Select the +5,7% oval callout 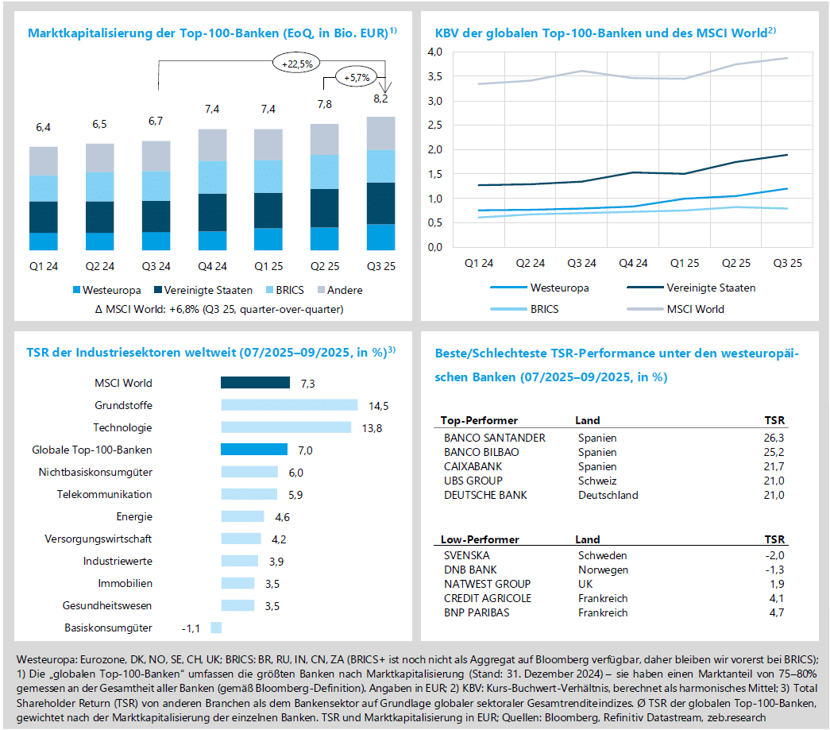[x=356, y=77]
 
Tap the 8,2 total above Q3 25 [x=380, y=99]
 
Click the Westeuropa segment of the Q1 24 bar [x=44, y=241]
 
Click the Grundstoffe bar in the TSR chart [x=289, y=405]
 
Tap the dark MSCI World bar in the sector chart [x=255, y=383]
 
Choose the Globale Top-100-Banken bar [x=253, y=450]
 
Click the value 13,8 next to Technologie [x=373, y=427]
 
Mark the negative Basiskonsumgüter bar [x=215, y=628]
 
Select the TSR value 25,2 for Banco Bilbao [x=772, y=452]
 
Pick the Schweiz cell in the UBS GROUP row [x=596, y=481]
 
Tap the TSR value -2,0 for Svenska [x=772, y=555]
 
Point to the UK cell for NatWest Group [x=586, y=584]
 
